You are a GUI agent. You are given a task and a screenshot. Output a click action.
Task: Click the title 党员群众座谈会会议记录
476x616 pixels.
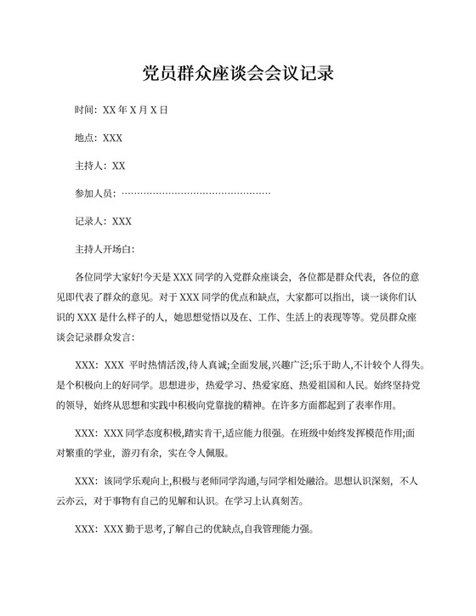click(x=238, y=73)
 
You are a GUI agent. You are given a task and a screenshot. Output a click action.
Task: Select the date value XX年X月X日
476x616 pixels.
click(x=135, y=110)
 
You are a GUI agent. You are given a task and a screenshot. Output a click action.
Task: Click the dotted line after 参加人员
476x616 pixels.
click(x=197, y=193)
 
